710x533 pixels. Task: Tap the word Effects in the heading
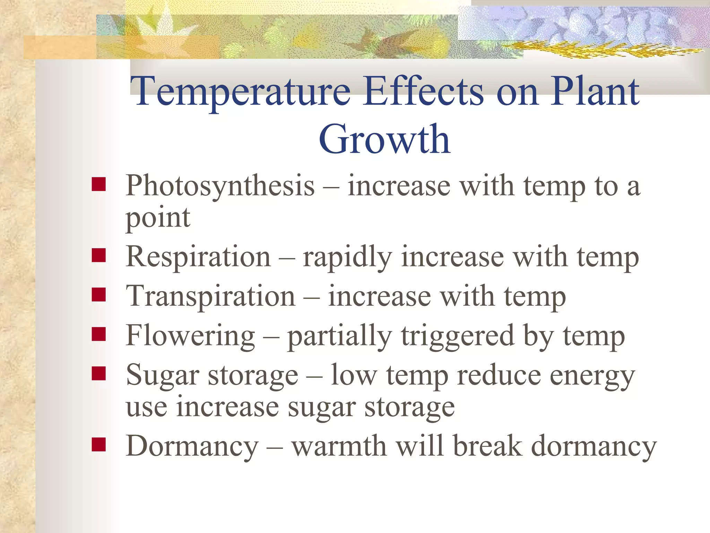(x=424, y=91)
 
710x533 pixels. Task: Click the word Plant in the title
(x=595, y=91)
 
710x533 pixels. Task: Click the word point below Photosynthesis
(x=158, y=219)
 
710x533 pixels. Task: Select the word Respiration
(x=198, y=257)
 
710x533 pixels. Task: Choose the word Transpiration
(x=210, y=297)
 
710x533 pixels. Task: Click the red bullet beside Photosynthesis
(x=99, y=184)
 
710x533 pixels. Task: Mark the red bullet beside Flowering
(x=99, y=334)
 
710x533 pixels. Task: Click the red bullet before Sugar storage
(x=99, y=374)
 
